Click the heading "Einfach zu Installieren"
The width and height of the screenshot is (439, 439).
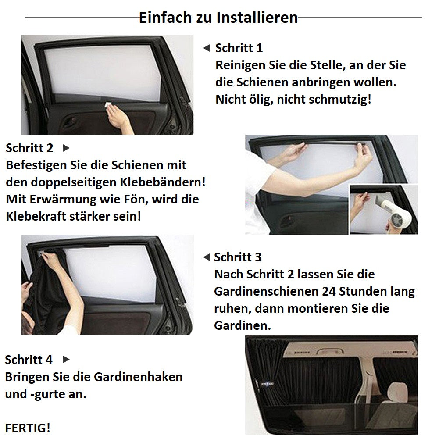(x=218, y=18)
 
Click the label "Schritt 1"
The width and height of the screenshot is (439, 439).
(x=239, y=48)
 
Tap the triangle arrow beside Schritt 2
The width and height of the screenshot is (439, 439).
(x=66, y=148)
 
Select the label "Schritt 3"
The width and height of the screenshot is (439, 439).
(x=238, y=257)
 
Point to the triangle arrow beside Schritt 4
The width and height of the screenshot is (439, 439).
(x=66, y=360)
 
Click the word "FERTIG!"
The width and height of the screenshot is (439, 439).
(x=28, y=428)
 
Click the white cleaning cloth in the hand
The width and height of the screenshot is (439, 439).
(x=108, y=105)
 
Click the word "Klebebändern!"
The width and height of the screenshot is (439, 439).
(x=163, y=182)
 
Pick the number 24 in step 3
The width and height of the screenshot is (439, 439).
(x=328, y=292)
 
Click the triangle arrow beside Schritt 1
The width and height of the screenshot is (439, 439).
(x=206, y=48)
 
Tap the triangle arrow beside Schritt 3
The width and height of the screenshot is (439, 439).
(x=206, y=257)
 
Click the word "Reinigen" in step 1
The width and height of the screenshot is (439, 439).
(x=240, y=65)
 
